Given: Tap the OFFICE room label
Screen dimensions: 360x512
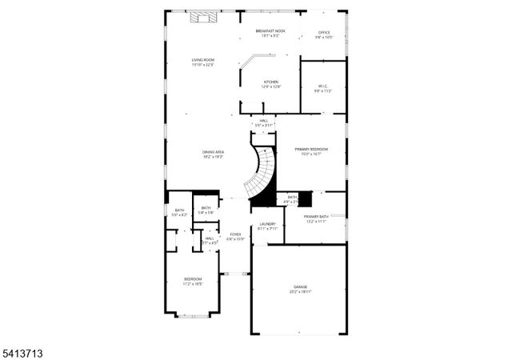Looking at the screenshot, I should (323, 33).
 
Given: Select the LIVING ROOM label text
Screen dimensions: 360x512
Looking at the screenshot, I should (202, 60).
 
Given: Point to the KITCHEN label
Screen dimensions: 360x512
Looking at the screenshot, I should (271, 82).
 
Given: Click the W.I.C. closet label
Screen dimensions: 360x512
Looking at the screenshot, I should (323, 86).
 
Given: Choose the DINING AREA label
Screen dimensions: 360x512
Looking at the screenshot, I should (213, 152).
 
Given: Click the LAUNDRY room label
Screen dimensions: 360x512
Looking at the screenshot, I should (267, 224).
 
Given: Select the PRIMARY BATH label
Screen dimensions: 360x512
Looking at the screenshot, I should (315, 217).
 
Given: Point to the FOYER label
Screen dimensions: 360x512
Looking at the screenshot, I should (235, 234).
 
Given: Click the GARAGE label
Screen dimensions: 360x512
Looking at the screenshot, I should (300, 286).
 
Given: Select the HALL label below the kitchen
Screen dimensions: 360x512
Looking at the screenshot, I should (263, 121).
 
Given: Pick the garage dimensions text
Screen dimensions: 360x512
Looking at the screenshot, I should (300, 292).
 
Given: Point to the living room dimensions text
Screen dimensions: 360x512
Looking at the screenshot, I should (202, 65).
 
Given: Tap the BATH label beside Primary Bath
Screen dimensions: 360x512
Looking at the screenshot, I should (292, 197).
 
